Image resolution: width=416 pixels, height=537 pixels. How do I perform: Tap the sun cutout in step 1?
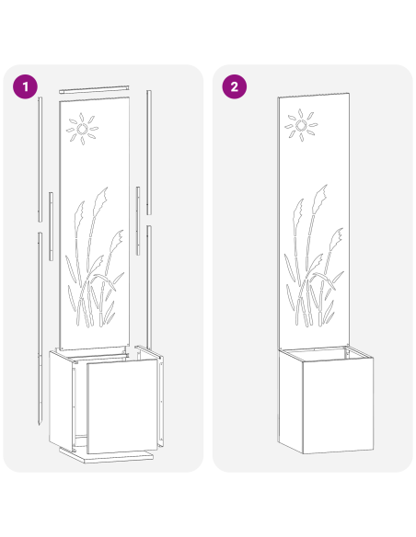[81, 131]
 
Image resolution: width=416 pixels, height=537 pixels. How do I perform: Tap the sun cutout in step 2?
[301, 126]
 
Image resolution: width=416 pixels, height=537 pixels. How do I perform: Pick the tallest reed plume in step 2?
[322, 195]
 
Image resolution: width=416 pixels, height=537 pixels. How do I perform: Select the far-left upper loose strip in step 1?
[40, 161]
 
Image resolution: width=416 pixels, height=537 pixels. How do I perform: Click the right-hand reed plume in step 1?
[118, 240]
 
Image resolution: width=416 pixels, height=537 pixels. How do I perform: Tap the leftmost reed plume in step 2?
[298, 211]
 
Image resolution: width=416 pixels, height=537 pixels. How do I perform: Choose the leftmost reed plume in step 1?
[81, 213]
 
